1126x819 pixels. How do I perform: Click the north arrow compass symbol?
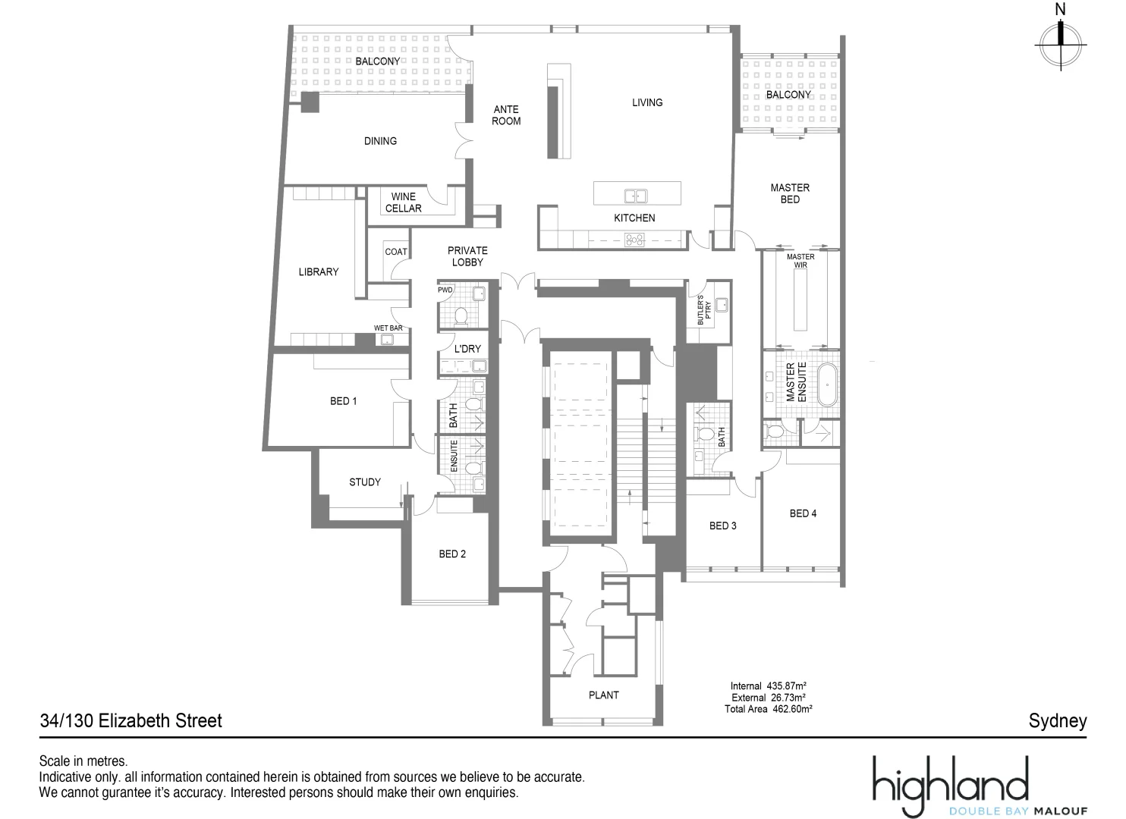[1061, 43]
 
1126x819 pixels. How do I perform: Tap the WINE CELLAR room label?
[403, 202]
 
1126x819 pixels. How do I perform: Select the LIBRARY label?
[319, 271]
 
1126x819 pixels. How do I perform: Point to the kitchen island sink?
[636, 196]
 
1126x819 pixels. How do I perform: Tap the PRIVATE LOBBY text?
[467, 256]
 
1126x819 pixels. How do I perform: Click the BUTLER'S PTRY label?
[703, 310]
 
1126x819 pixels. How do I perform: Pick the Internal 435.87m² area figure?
[767, 686]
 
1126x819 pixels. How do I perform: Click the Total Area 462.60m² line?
[768, 709]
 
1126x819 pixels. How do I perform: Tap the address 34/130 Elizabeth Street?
[131, 720]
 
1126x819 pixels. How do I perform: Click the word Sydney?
[1057, 720]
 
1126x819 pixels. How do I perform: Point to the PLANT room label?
[604, 695]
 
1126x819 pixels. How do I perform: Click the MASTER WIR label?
[800, 261]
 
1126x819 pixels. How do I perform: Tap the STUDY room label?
[365, 482]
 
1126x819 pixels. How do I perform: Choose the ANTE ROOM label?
[506, 115]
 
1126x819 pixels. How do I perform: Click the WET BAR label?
[388, 328]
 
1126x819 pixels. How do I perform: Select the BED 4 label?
[803, 513]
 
